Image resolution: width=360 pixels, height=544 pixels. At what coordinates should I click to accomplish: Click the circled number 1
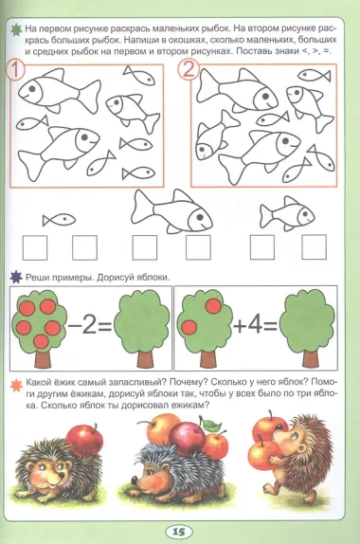15,70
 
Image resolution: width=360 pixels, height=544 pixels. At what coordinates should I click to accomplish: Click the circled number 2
189,69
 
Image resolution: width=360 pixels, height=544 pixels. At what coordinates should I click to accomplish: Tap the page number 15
179,532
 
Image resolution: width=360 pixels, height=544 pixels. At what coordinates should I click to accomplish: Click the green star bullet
16,29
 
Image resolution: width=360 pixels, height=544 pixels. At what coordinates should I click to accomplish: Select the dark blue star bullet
16,278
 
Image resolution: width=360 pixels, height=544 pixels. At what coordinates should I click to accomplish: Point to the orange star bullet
16,385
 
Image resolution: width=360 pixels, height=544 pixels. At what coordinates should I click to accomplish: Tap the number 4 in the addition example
255,325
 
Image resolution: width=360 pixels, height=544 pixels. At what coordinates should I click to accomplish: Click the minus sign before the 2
74,326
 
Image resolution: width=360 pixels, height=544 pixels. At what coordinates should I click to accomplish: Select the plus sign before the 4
240,326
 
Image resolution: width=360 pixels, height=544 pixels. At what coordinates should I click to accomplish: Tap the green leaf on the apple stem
212,425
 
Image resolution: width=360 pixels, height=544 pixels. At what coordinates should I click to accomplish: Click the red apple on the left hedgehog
84,441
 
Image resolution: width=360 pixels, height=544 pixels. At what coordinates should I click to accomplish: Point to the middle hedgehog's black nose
135,480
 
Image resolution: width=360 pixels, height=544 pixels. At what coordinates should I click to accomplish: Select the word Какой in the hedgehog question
39,383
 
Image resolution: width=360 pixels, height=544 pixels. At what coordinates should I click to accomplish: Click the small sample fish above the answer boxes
59,220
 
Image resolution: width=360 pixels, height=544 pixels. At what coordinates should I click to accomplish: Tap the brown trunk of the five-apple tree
43,358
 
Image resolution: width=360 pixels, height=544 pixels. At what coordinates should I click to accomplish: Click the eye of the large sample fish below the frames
200,217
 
